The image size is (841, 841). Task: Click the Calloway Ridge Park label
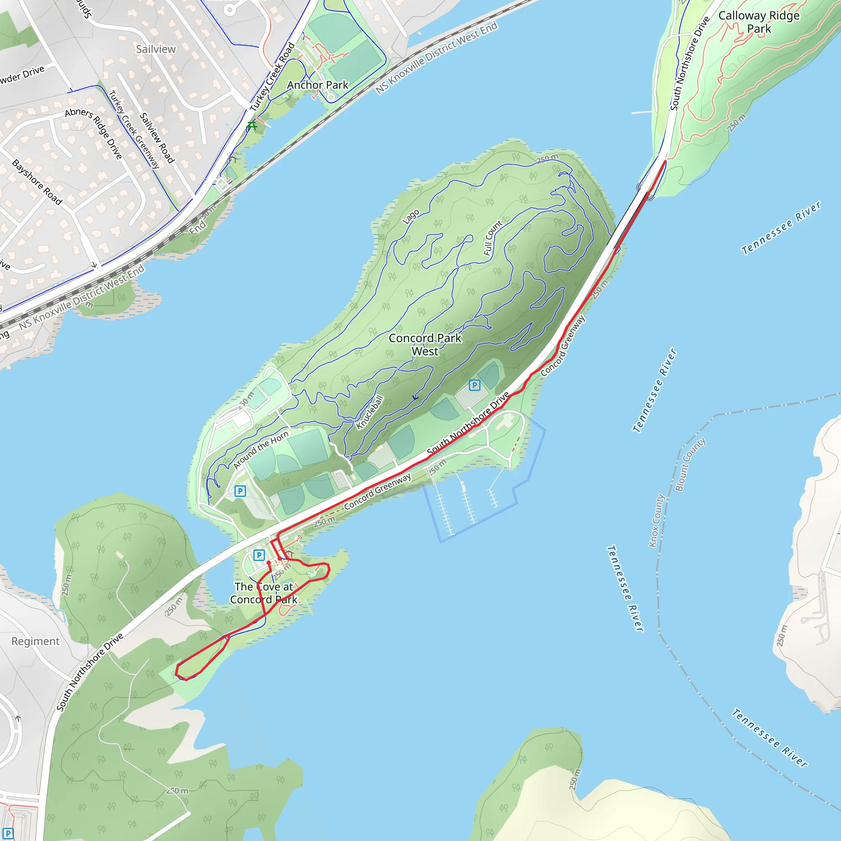coord(759,22)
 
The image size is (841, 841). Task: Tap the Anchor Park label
coord(317,85)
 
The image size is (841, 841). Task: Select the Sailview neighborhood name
coord(156,49)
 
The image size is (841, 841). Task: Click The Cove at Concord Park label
coord(264,593)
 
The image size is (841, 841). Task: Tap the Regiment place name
coord(35,641)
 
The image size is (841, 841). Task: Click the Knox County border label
coord(657,520)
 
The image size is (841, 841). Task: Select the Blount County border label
coord(690,464)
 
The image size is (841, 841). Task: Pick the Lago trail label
coord(411,216)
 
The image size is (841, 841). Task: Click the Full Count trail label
coord(493,238)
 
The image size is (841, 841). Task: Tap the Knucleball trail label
coord(370,412)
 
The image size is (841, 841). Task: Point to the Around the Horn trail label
coord(261,450)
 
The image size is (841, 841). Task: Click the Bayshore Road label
coord(37,182)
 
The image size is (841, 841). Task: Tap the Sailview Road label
coord(157,138)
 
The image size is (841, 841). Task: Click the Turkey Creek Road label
coord(272,77)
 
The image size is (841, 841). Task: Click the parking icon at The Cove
coord(259,555)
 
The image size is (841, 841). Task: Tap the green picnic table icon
coord(252,126)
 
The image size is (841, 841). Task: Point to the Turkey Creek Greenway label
coord(133,129)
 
